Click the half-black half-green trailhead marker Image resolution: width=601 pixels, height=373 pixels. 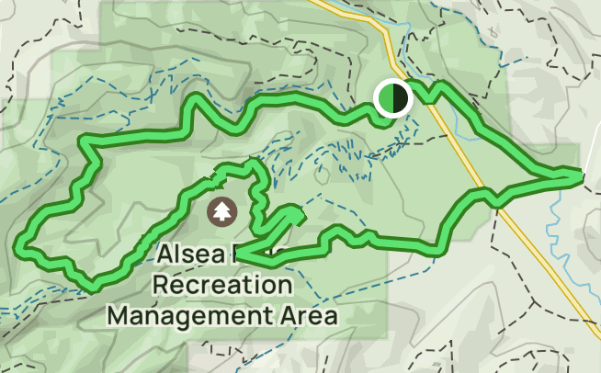392,97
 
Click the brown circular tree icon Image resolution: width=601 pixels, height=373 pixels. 221,211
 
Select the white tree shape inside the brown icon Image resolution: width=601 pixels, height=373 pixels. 221,210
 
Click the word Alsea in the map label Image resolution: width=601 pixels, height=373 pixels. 187,254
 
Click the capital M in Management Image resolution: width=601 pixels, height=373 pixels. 118,315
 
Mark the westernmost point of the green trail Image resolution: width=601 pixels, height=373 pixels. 20,245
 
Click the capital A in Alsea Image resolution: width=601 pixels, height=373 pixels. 164,254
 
